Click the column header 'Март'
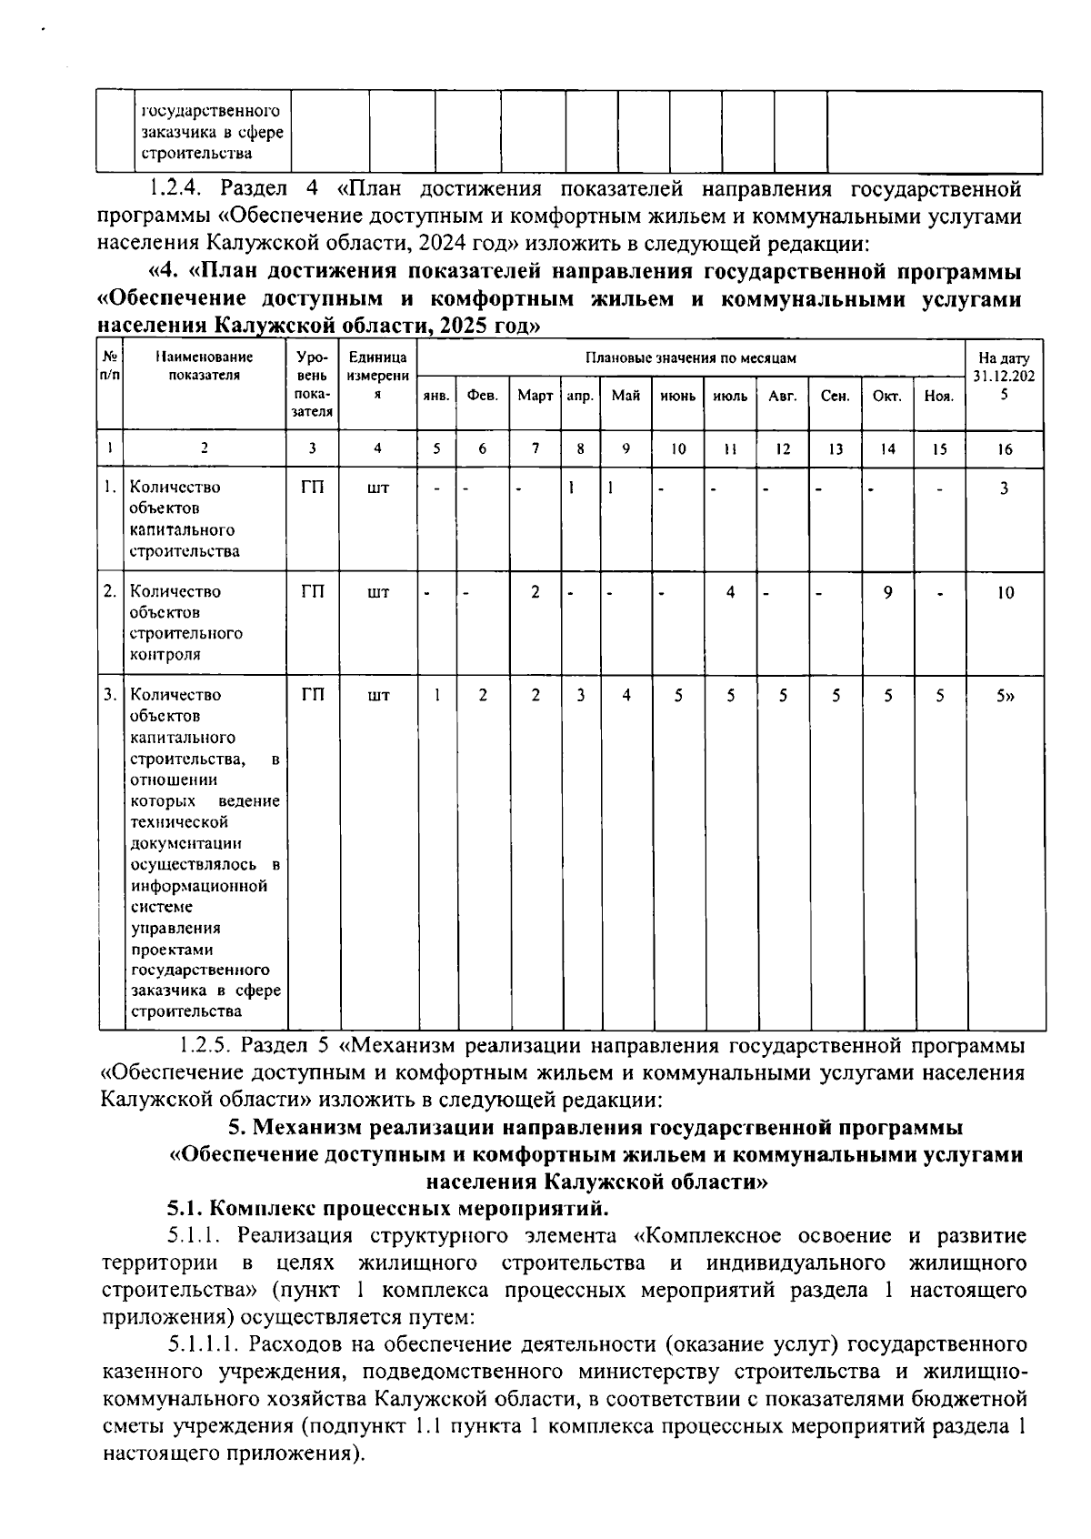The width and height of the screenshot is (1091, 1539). click(x=535, y=397)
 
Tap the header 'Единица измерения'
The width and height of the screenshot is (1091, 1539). click(x=378, y=376)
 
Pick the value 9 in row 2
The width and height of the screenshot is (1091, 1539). click(x=888, y=592)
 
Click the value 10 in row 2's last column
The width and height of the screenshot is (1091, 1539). click(x=1005, y=593)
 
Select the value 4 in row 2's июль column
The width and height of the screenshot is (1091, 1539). click(x=730, y=592)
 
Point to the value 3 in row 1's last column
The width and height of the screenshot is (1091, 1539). click(x=1005, y=488)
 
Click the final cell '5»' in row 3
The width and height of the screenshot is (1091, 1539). click(x=1006, y=696)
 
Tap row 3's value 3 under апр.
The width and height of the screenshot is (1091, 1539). click(x=580, y=696)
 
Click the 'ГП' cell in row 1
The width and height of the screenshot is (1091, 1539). click(x=312, y=488)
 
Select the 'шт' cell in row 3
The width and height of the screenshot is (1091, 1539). click(x=378, y=696)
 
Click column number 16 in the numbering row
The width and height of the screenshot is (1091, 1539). click(x=1005, y=448)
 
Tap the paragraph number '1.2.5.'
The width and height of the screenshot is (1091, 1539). click(x=208, y=1045)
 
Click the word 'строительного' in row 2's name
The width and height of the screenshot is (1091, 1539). click(x=185, y=633)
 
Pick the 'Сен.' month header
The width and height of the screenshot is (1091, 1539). click(x=835, y=397)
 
